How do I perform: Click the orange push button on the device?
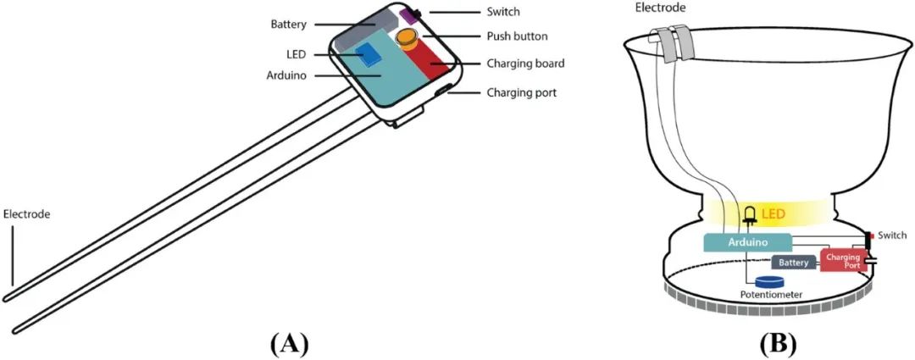coord(408,37)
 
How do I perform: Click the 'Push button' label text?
coord(517,36)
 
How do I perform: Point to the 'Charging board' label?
coord(525,64)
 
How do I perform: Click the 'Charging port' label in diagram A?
coord(521,92)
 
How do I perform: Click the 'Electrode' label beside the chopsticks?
coord(27,214)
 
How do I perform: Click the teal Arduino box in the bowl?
coord(747,242)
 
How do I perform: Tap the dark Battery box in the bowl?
coord(793,263)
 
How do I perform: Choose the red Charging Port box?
coord(842,260)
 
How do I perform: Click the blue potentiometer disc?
coord(770,282)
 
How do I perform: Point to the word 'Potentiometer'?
coord(771,295)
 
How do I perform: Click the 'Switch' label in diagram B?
coord(892,235)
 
